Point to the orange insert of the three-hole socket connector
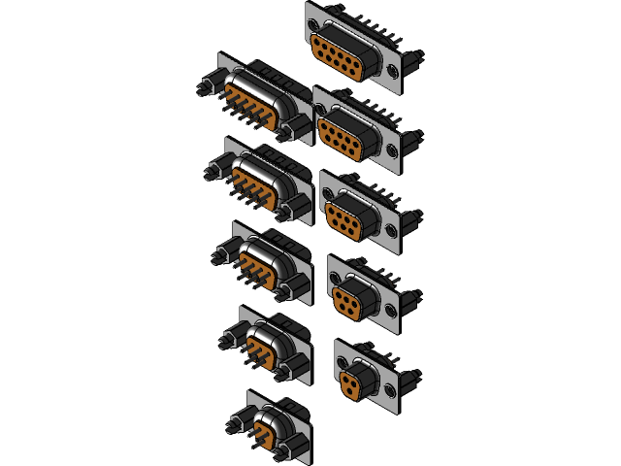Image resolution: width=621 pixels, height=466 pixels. [355, 379]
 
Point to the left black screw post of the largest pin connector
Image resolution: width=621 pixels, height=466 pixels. [204, 88]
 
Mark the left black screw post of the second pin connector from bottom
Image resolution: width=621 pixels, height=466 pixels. [227, 339]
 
